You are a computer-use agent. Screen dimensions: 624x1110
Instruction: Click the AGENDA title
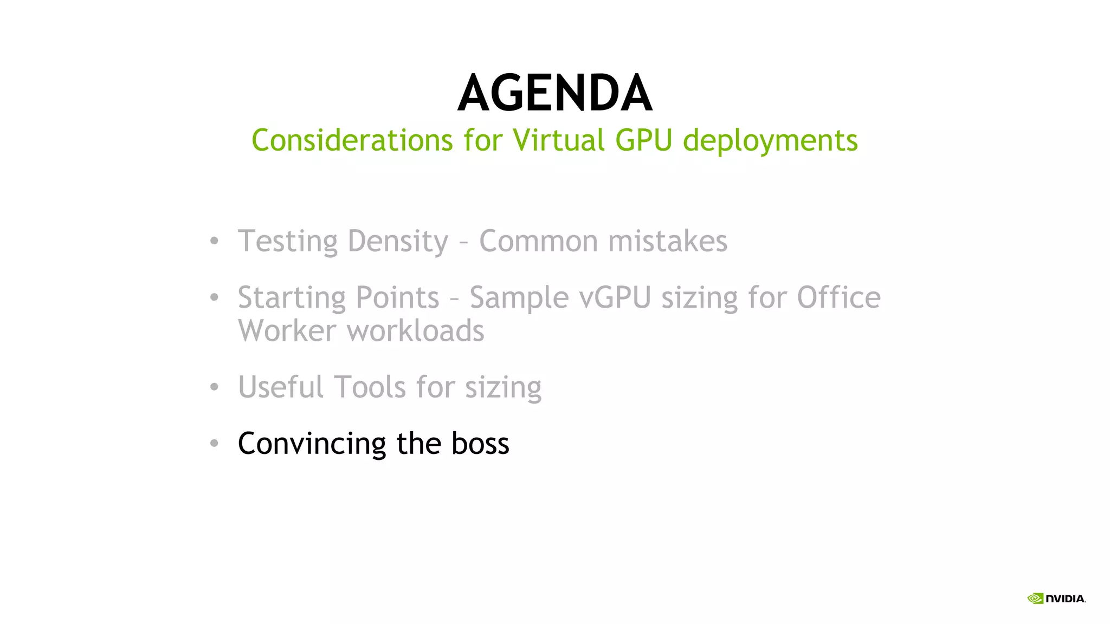point(554,94)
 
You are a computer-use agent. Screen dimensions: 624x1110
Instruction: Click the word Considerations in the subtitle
point(352,140)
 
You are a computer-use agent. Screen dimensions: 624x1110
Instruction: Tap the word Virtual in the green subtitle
point(558,140)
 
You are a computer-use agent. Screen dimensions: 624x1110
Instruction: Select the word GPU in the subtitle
point(643,140)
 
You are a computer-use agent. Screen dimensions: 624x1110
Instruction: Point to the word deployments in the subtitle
point(770,141)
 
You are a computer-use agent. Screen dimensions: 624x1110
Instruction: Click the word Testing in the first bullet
point(287,242)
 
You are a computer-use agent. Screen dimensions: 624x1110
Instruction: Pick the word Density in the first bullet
point(398,242)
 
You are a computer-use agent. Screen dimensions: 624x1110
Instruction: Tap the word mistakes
point(668,241)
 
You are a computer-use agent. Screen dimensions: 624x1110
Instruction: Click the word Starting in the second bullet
point(291,298)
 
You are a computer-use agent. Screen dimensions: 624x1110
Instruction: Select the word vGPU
point(615,298)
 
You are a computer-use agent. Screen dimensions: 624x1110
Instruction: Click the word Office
point(838,297)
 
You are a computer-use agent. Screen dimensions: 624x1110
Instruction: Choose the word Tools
point(370,387)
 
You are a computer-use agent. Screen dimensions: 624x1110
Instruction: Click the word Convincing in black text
point(312,444)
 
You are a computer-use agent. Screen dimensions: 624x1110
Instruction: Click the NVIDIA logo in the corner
point(1056,599)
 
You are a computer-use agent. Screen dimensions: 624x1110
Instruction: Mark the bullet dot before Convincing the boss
point(214,444)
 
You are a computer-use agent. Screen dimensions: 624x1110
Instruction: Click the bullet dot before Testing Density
point(214,241)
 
